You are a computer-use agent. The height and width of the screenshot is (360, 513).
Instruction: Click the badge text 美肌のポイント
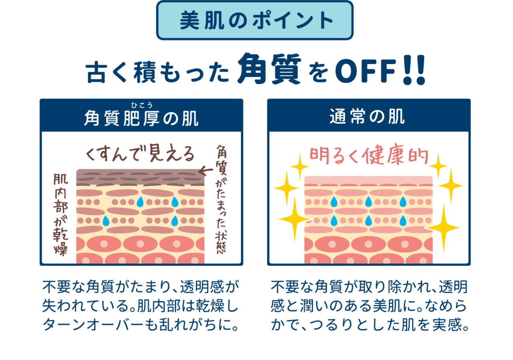(x=255, y=21)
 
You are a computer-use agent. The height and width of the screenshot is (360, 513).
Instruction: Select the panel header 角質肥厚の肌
(x=141, y=119)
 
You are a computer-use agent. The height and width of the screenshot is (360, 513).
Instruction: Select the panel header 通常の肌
(x=368, y=117)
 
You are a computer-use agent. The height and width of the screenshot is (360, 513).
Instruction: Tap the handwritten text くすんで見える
(x=140, y=154)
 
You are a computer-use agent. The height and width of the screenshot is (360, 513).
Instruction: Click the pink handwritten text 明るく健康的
(x=369, y=158)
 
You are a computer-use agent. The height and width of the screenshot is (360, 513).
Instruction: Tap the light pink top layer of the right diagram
(x=368, y=180)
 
